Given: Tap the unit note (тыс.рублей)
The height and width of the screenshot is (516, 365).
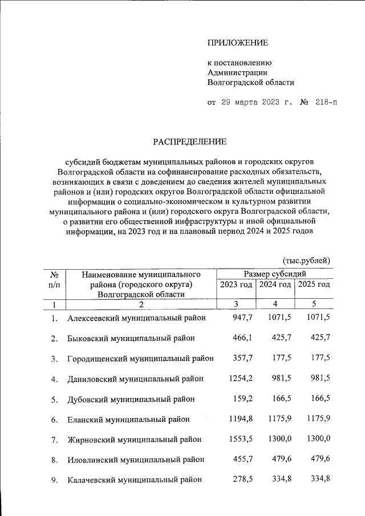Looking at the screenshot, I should pos(307,260).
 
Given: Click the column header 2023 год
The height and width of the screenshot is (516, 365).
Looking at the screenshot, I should pos(236,285).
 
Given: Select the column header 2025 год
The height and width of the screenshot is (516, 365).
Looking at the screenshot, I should pos(313,285).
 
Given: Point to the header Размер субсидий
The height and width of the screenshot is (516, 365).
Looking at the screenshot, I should pos(274,274).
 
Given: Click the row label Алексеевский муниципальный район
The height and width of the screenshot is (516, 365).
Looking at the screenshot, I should pos(136,318).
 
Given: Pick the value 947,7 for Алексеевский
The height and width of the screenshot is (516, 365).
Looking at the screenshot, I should pos(241,318).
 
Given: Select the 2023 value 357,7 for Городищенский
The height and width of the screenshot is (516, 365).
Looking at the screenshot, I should pos(241,358).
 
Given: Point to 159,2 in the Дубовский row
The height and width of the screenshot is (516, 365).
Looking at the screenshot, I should pos(241,399).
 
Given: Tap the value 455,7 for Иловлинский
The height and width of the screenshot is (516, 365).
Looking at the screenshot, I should pos(241,459).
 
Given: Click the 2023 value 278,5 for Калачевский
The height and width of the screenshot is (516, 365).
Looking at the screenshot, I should pos(241,480).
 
